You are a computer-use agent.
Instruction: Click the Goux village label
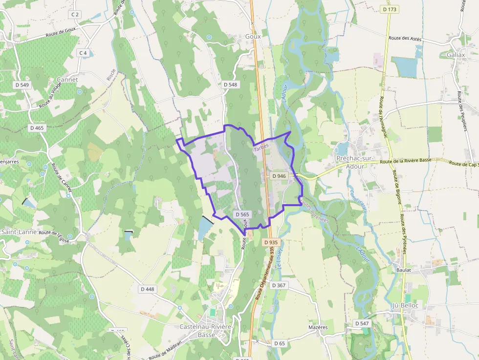[253, 37]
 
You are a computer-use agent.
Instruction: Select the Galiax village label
[456, 55]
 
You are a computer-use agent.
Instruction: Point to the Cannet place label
[67, 79]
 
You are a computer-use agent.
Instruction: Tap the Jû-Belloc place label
[406, 305]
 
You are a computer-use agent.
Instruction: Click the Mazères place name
[318, 327]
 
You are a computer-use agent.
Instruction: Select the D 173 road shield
[390, 9]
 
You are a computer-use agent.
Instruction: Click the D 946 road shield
[279, 176]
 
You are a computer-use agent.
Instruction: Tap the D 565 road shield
[242, 214]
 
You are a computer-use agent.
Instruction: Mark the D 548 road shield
[230, 85]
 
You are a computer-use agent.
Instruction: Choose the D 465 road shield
[37, 128]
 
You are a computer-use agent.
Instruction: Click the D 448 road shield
[147, 289]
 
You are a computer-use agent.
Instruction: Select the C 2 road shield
[75, 15]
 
